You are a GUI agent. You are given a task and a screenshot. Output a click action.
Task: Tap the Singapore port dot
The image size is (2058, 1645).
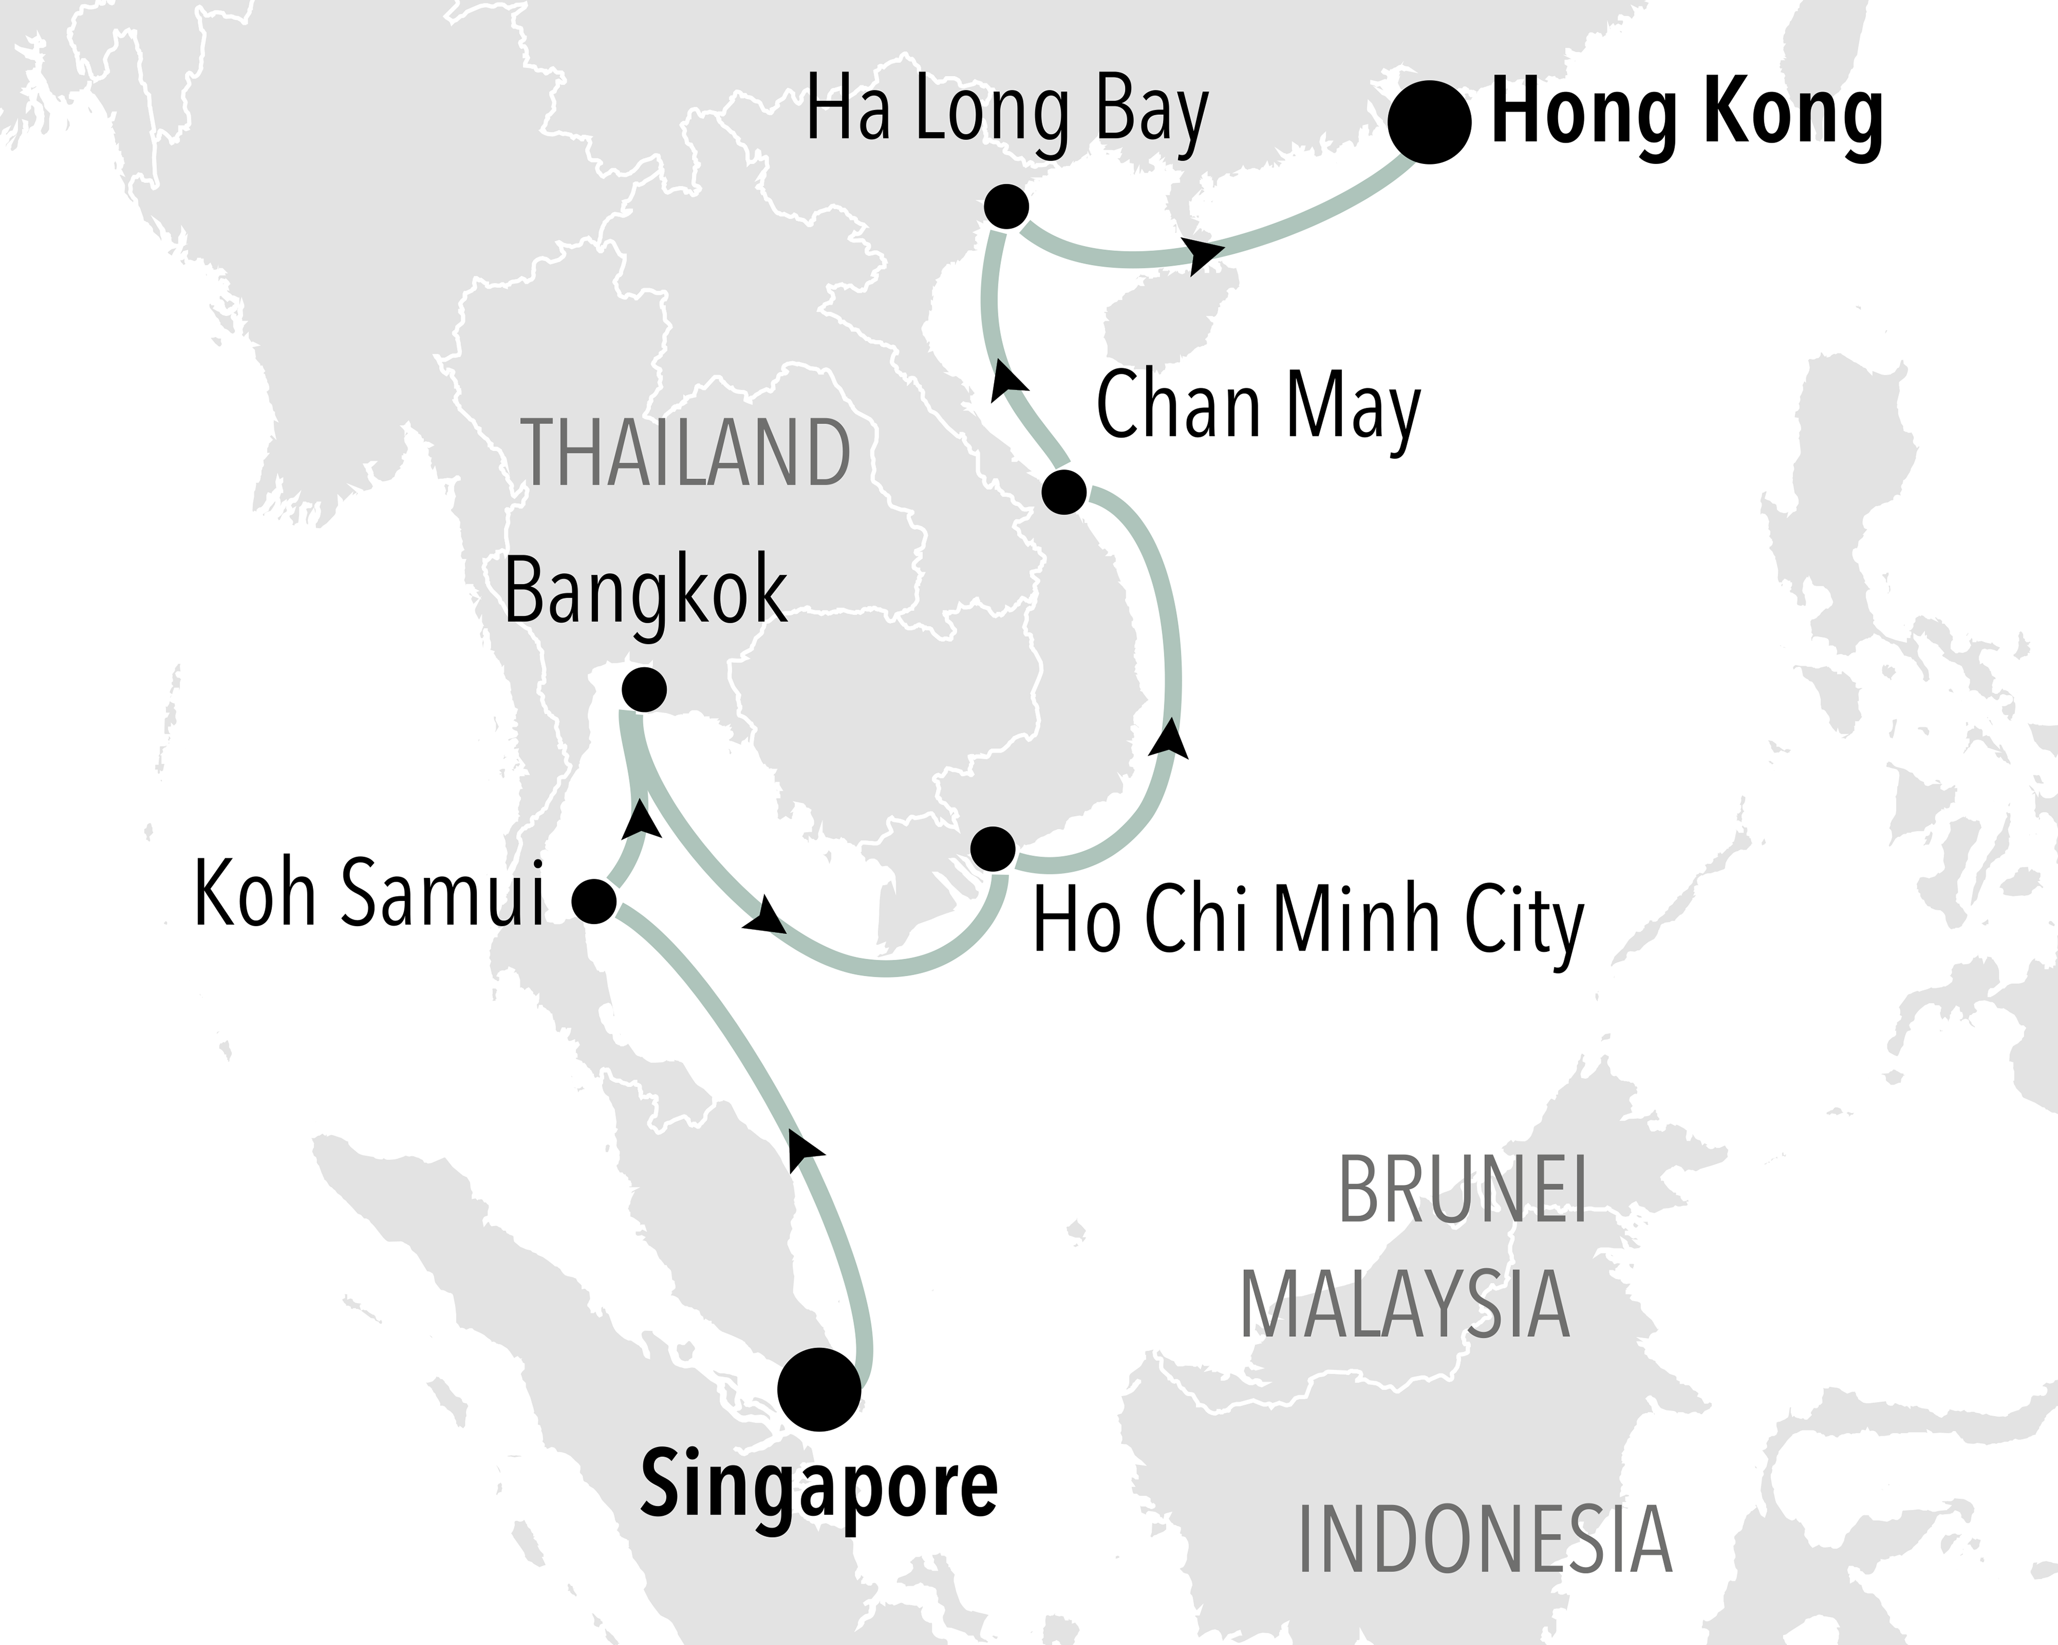(819, 1389)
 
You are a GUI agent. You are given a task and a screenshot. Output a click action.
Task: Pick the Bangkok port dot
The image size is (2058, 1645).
(644, 690)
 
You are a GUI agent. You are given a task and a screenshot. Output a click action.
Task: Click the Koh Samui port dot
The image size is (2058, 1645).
(594, 900)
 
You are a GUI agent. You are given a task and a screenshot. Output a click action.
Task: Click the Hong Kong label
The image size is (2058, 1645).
(1687, 116)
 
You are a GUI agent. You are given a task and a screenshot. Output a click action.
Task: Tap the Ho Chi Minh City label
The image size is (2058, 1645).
(1308, 921)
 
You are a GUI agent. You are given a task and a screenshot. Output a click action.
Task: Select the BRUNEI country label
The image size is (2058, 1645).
(1462, 1190)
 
